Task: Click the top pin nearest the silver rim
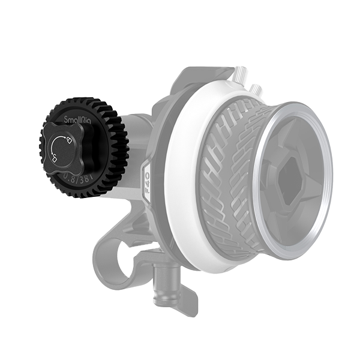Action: [x=259, y=91]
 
